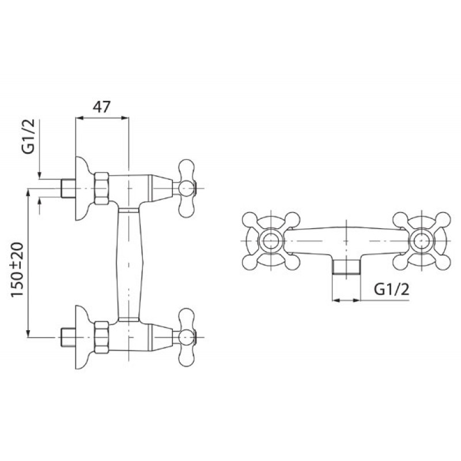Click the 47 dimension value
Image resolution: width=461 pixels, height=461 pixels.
101,107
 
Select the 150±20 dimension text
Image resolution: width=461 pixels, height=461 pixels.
17,270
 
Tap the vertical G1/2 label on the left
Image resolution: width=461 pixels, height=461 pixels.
28,136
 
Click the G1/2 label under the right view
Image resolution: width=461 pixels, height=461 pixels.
392,290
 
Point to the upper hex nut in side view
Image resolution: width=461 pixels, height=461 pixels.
101,188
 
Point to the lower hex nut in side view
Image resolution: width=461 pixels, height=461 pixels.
101,337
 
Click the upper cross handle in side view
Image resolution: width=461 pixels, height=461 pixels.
187,188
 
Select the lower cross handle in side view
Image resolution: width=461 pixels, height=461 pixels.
187,337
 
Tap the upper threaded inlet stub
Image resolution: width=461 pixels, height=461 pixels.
68,188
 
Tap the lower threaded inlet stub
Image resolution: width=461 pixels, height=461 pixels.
68,337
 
